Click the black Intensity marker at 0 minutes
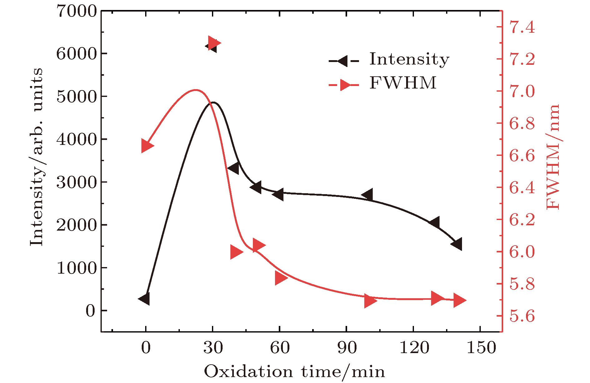(x=145, y=299)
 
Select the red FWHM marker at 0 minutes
(x=147, y=146)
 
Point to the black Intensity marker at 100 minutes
(x=368, y=195)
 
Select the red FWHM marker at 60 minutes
(x=281, y=278)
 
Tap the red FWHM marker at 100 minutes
(x=370, y=301)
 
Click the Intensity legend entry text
(x=409, y=59)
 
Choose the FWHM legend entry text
(x=403, y=83)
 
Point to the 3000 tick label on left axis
(x=77, y=182)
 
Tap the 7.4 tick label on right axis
(x=522, y=27)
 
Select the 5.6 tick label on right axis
(x=522, y=316)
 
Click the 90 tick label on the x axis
(x=347, y=347)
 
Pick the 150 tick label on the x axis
(x=481, y=347)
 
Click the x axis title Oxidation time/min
(x=294, y=372)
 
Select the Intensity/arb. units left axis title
(x=37, y=157)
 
